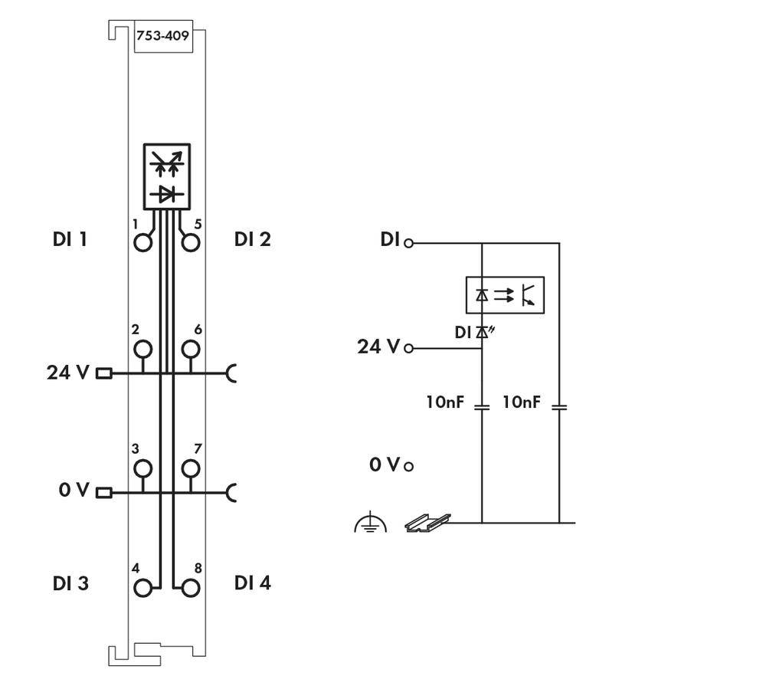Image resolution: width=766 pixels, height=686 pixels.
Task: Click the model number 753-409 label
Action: [x=162, y=35]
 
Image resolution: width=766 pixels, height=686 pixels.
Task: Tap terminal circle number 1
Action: [x=142, y=243]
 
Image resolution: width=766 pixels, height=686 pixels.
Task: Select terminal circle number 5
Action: [x=191, y=243]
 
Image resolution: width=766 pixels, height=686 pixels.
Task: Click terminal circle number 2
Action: [x=142, y=350]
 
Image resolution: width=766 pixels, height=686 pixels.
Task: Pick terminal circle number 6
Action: [x=191, y=350]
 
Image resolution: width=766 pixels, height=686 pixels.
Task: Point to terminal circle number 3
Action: [x=142, y=468]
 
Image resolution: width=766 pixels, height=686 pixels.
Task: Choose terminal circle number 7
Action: [x=191, y=468]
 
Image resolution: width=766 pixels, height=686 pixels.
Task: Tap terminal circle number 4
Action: [x=142, y=588]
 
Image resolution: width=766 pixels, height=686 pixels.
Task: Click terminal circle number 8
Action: [x=191, y=588]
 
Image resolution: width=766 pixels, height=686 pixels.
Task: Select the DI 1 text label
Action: [x=70, y=239]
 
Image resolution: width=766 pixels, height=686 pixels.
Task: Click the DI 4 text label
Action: [x=252, y=583]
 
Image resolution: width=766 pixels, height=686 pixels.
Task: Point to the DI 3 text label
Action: [x=70, y=583]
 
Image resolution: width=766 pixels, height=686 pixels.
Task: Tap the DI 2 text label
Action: [x=252, y=239]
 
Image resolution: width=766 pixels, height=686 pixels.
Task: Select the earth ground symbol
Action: [x=370, y=524]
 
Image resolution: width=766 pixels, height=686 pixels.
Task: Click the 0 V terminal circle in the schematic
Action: [x=409, y=466]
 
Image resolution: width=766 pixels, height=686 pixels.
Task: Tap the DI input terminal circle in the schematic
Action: [x=409, y=243]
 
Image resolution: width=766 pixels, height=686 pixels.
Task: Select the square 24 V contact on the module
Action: [x=103, y=374]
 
